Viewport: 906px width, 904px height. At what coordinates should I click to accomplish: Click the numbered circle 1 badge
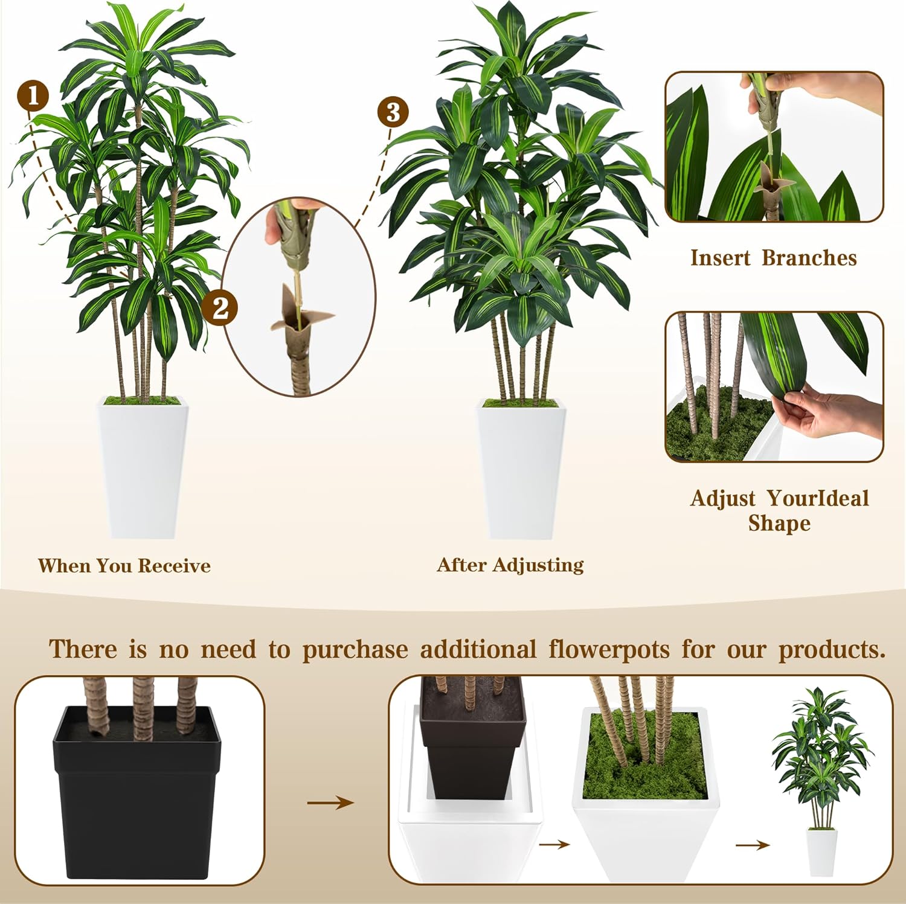[33, 96]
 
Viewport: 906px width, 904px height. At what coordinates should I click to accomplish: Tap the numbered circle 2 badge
[220, 307]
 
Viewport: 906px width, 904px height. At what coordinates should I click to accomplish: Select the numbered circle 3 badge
[393, 112]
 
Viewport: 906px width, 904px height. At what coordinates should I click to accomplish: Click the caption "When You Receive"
[124, 566]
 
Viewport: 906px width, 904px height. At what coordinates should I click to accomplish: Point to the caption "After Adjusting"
[510, 565]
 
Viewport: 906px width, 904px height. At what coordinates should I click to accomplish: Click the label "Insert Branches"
[774, 258]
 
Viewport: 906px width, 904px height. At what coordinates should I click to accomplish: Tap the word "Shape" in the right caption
[779, 523]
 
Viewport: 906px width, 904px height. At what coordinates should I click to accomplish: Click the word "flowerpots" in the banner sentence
[609, 650]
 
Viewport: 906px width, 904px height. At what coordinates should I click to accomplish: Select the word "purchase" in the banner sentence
[355, 650]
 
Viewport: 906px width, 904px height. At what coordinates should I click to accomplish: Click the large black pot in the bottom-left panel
[138, 797]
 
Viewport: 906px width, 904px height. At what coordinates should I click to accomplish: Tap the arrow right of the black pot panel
[330, 803]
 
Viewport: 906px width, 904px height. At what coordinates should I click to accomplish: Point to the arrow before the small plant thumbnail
[752, 845]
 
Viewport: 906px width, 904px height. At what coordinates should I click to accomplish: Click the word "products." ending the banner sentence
[832, 650]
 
